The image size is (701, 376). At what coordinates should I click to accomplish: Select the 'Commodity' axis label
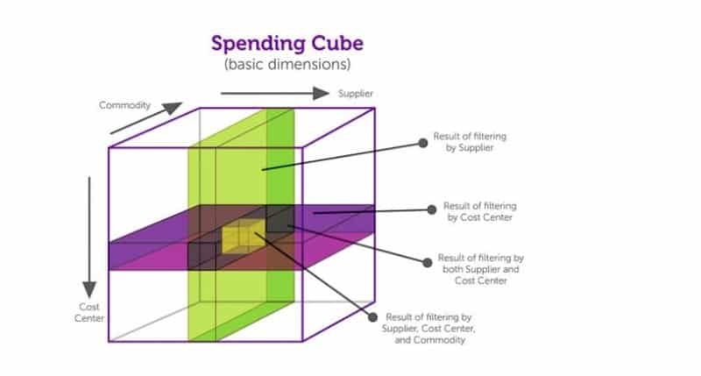(124, 106)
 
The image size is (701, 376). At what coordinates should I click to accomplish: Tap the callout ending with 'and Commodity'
(427, 329)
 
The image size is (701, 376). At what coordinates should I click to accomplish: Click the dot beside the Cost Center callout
(431, 209)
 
